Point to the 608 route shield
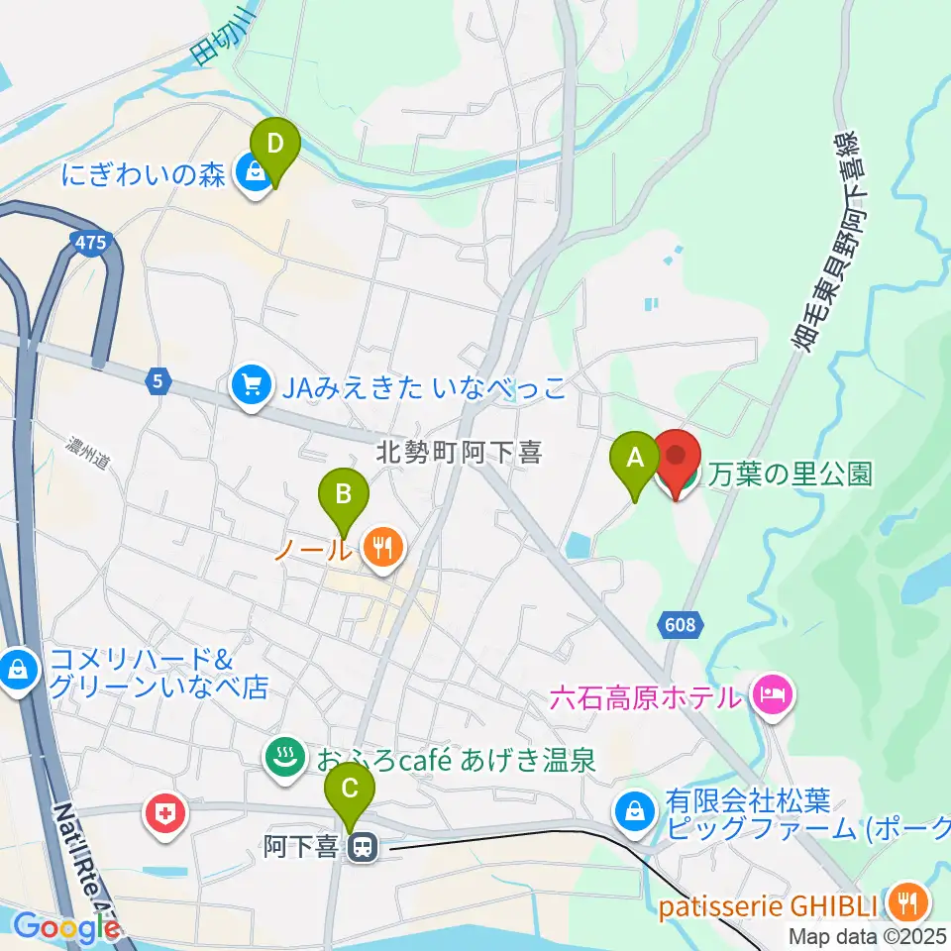click(681, 624)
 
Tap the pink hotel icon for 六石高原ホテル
click(771, 694)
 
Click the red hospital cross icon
click(163, 816)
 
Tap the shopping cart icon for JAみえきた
click(251, 386)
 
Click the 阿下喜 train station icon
click(363, 846)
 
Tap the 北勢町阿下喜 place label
click(460, 454)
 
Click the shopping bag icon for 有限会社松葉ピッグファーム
click(632, 811)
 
